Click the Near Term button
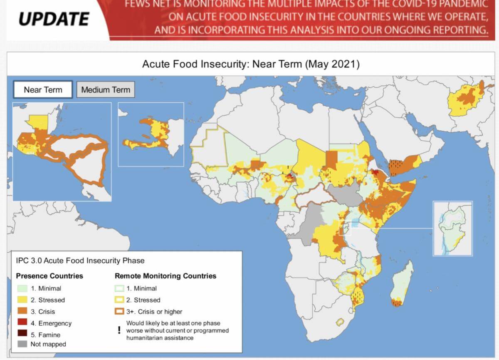[43, 89]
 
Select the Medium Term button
[106, 89]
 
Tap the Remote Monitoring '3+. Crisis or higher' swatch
[119, 311]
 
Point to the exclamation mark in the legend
[119, 330]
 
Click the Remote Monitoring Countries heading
[166, 276]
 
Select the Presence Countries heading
[49, 276]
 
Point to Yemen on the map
[403, 164]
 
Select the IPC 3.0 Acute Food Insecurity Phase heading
[80, 261]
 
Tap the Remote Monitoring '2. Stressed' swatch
[119, 300]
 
